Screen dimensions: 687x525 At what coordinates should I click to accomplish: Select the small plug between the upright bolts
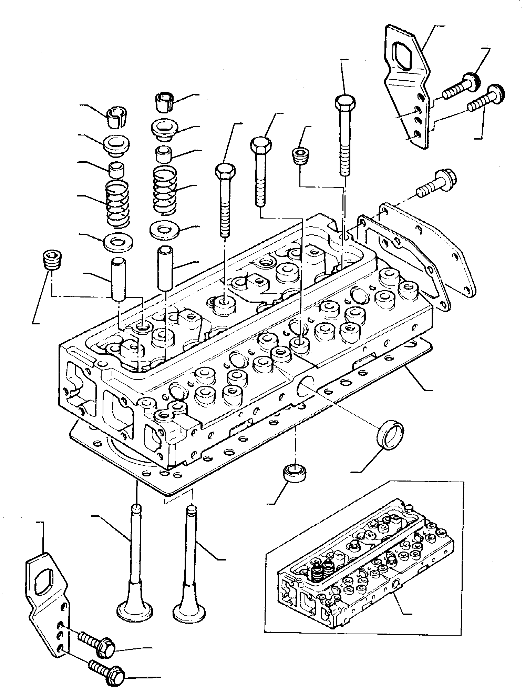click(299, 156)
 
